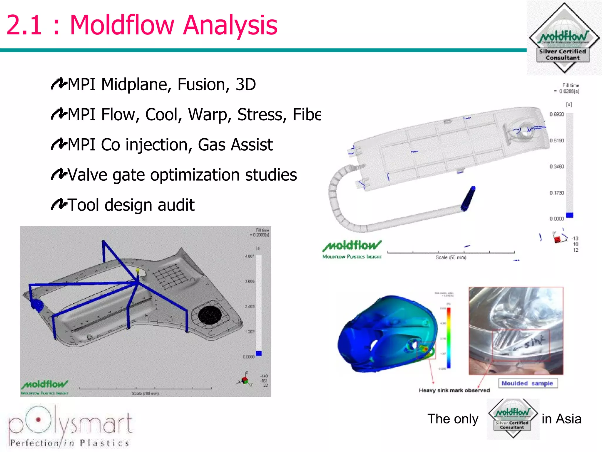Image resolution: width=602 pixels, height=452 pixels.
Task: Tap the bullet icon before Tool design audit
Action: pos(59,204)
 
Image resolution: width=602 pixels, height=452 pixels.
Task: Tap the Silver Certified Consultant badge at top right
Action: pos(564,38)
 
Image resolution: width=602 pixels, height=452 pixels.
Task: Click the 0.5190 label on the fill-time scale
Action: pos(557,141)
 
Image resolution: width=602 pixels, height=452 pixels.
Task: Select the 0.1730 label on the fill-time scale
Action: pos(557,193)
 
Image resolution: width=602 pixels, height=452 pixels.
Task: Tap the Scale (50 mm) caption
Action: pos(451,257)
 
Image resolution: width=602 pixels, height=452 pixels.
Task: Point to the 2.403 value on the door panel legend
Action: pos(250,307)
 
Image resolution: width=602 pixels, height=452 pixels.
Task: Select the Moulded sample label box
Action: pos(528,383)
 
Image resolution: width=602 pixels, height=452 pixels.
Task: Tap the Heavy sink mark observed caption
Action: pos(454,390)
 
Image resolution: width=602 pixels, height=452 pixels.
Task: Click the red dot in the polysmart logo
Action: pos(38,420)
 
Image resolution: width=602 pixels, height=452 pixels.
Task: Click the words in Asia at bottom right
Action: pos(561,419)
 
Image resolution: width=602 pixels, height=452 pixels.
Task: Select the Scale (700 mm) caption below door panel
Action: pos(145,393)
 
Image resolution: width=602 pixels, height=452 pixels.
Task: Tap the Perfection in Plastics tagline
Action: pos(70,443)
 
